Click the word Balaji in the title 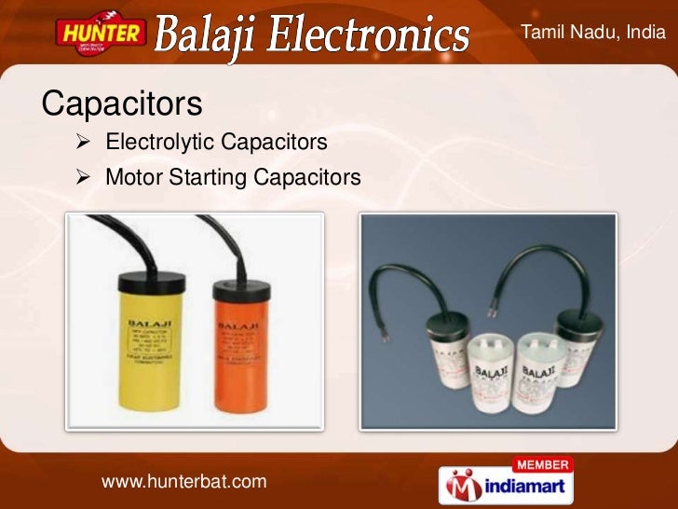click(213, 36)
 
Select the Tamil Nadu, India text click(593, 33)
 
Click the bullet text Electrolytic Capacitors click(216, 143)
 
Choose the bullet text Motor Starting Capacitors click(232, 176)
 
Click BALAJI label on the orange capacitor click(237, 327)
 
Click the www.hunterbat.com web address click(183, 481)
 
